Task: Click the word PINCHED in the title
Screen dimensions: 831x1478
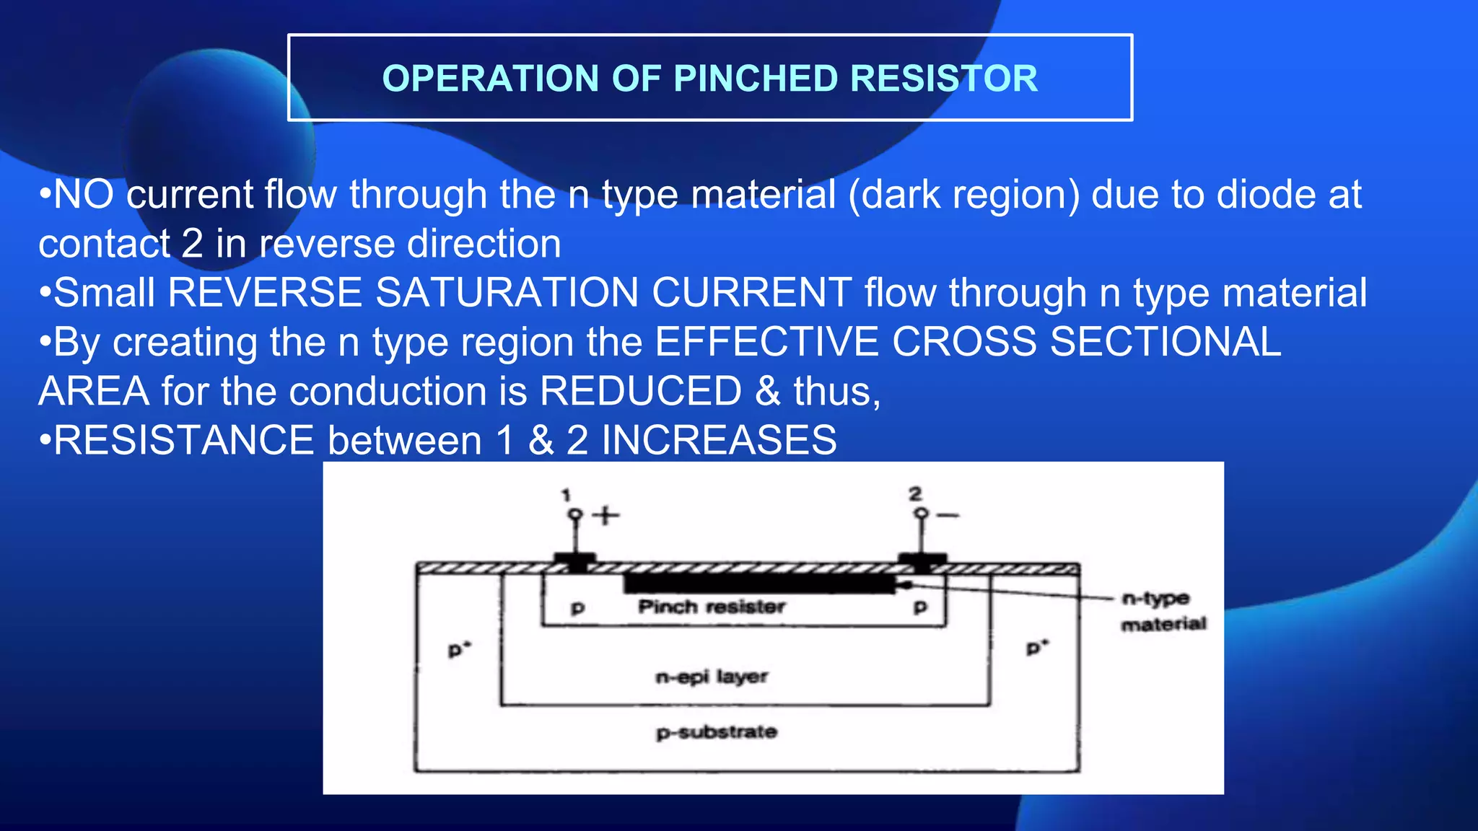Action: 755,79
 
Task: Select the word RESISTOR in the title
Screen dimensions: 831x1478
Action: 944,79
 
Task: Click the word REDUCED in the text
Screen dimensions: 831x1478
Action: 640,392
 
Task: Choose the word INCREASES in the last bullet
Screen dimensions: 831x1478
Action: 719,441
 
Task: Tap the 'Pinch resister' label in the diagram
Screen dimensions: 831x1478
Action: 711,607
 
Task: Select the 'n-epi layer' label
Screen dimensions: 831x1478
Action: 711,677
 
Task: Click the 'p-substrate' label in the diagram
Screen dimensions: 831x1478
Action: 717,732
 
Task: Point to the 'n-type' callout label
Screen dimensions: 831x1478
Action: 1155,599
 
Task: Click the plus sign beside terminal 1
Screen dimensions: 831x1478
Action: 605,515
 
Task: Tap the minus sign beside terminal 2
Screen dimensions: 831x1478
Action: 948,515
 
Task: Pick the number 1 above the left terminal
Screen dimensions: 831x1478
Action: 566,495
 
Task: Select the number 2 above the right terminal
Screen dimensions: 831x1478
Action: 915,494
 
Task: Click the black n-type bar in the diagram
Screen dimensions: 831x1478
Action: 758,583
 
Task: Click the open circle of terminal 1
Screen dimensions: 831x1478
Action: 575,515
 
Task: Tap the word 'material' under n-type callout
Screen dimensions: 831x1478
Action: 1163,624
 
